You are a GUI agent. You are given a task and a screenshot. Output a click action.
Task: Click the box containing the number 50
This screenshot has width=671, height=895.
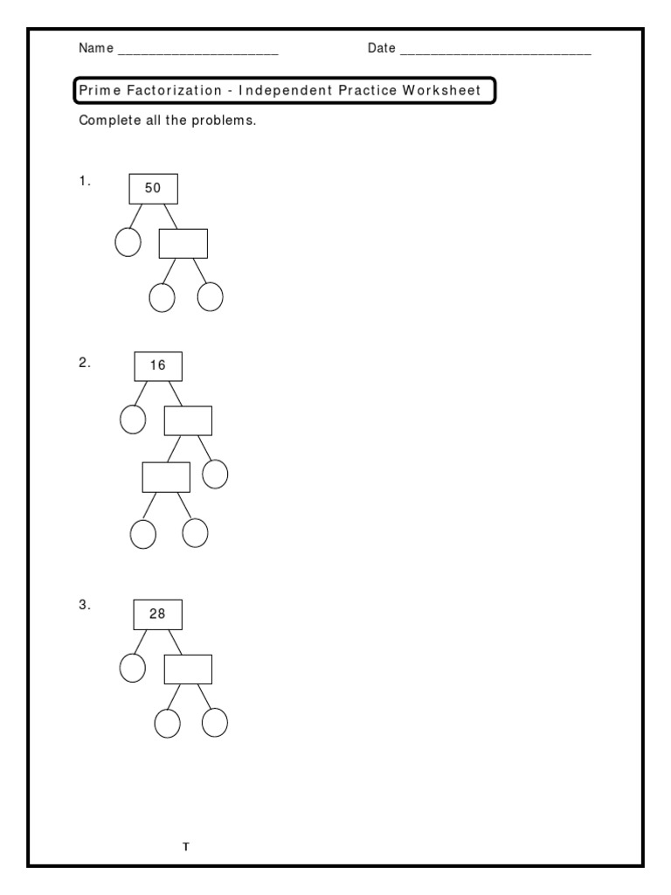153,188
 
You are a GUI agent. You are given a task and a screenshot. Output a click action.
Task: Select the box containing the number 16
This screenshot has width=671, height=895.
158,366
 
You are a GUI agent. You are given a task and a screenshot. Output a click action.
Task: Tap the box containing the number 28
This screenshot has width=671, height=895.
157,614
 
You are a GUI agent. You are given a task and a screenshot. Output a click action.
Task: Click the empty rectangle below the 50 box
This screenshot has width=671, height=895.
183,243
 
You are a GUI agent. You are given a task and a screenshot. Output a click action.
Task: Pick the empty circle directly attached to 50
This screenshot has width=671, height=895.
128,242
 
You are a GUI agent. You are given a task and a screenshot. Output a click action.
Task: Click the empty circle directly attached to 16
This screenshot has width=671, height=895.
132,420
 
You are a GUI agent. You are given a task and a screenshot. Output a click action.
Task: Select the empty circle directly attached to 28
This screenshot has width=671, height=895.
132,668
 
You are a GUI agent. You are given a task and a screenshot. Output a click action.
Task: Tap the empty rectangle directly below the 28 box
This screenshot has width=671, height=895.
188,669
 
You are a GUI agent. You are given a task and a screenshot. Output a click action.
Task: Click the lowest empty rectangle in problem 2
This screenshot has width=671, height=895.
166,477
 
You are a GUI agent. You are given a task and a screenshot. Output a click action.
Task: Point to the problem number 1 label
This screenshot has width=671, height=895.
85,182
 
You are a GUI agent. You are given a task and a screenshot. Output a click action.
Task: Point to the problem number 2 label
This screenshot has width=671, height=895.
85,363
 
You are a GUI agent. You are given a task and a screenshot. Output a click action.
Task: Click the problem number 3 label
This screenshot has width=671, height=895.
85,605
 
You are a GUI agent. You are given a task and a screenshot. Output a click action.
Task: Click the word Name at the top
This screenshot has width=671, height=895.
96,49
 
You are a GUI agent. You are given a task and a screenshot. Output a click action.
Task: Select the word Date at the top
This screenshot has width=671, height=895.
382,49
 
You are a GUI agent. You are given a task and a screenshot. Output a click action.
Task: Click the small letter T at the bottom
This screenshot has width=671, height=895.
185,847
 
